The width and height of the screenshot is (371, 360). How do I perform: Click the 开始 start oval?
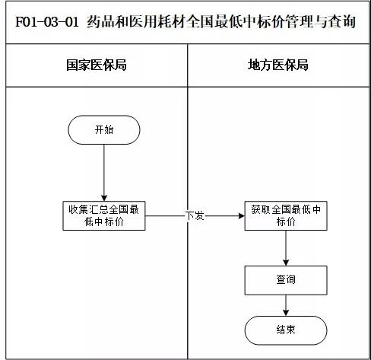pos(103,129)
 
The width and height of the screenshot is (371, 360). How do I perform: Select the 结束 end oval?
pos(285,330)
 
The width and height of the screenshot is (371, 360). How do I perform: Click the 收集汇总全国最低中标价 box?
pos(103,215)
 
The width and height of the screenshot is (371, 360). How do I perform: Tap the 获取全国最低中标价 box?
pos(285,215)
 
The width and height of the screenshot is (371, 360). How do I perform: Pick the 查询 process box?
pos(285,280)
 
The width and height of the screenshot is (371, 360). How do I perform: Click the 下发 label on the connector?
pos(195,216)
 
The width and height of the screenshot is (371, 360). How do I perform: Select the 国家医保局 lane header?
pos(96,65)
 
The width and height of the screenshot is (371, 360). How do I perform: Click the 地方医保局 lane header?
pos(279,65)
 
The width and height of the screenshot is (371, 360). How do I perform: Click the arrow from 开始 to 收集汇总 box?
pos(103,171)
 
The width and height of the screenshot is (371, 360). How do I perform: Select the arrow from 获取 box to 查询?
pos(285,247)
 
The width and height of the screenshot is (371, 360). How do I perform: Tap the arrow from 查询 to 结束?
pos(285,304)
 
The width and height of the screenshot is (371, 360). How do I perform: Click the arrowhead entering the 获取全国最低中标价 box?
pos(240,216)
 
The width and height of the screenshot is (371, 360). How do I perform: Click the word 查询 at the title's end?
pos(343,21)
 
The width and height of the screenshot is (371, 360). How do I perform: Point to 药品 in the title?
pos(94,21)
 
